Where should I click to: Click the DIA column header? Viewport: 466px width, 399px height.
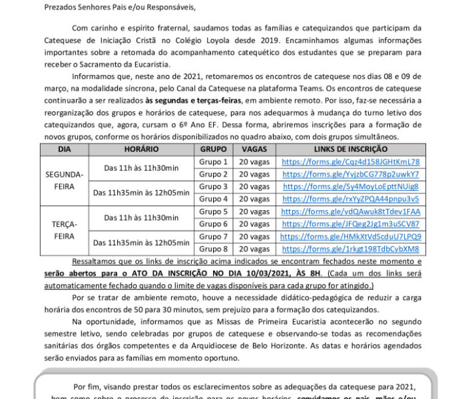coord(64,150)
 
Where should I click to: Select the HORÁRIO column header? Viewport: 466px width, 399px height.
coord(141,150)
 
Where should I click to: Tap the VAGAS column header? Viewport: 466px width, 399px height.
coord(254,150)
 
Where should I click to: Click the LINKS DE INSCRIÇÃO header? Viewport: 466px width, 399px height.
coord(350,150)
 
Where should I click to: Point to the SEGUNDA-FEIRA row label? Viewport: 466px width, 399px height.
coord(64,180)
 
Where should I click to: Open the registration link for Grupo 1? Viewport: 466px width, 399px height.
coord(350,162)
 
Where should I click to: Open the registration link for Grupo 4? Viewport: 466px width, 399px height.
coord(350,199)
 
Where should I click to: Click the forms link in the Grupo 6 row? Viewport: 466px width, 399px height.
coord(350,224)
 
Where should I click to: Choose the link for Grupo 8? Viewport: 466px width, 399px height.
coord(350,249)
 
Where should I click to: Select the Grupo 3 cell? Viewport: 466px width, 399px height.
coord(214,187)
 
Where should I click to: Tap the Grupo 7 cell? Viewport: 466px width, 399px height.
coord(214,237)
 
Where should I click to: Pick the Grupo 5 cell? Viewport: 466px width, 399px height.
coord(214,211)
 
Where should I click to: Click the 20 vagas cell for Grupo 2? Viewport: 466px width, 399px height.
coord(254,174)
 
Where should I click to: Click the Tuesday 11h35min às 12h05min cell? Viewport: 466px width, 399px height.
coord(141,243)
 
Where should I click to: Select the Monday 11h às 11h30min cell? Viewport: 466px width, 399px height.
coord(141,168)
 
